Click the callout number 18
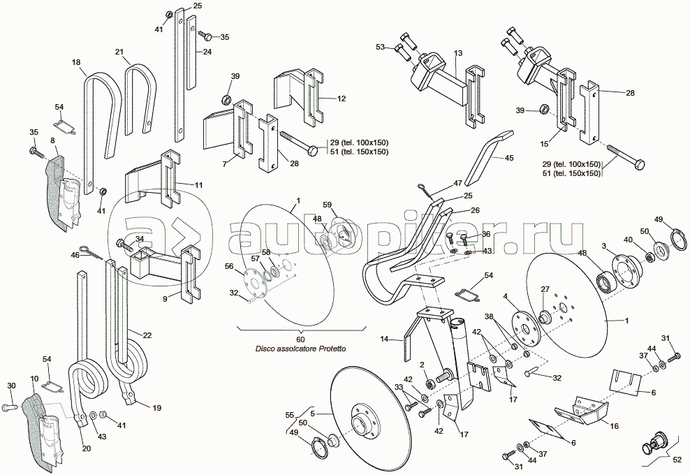tap(76, 63)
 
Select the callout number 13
tap(458, 54)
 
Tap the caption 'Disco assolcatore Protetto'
tap(301, 349)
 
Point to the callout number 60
tap(301, 339)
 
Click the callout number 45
tap(508, 159)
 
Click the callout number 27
tap(545, 288)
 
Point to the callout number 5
tap(313, 413)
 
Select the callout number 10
tap(35, 378)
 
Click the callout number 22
tap(147, 335)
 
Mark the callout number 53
tap(380, 47)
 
